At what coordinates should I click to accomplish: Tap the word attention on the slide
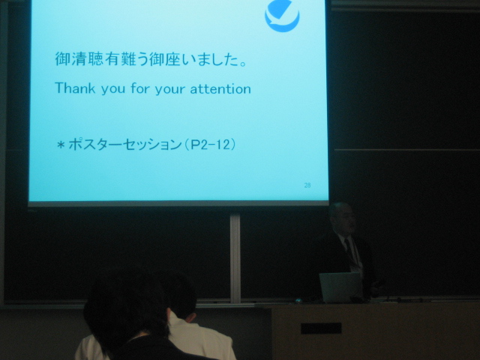[220, 89]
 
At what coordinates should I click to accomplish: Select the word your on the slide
[170, 89]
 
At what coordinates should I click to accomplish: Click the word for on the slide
[140, 88]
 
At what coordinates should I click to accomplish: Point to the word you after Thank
[113, 89]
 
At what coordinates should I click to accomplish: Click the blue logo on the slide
[282, 15]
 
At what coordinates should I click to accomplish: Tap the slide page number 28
[307, 185]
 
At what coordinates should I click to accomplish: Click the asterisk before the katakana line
[61, 145]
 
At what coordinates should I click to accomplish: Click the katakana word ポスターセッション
[125, 145]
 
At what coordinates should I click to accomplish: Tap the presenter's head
[342, 218]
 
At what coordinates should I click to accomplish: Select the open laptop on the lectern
[340, 287]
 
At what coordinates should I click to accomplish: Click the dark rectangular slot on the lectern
[321, 328]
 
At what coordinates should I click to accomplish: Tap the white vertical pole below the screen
[235, 259]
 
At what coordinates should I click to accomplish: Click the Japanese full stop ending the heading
[243, 64]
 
